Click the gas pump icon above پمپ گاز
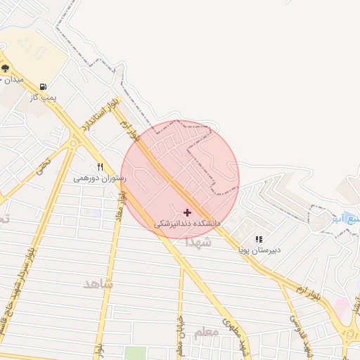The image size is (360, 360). tap(44, 86)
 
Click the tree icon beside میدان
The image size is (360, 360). tap(6, 68)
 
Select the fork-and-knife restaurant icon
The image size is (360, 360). tap(100, 167)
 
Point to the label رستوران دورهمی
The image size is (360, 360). tap(100, 179)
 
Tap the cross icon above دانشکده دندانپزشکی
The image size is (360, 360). tap(187, 212)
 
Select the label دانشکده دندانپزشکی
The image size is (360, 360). tap(187, 223)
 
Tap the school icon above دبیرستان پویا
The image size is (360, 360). tap(259, 239)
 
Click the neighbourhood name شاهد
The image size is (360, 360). tap(98, 283)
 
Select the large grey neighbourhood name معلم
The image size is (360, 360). tap(206, 333)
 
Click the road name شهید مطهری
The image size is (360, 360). tap(236, 334)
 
